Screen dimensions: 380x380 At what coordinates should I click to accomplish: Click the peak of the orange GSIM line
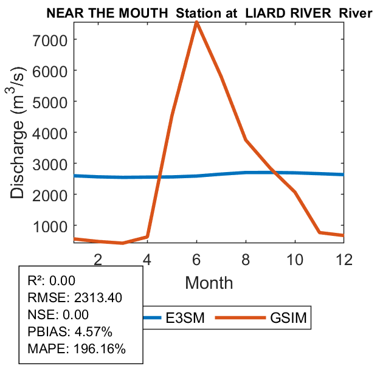[196, 22]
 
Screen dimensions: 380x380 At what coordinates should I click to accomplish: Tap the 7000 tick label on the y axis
[50, 40]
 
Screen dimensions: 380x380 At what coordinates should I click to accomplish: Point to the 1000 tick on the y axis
[50, 226]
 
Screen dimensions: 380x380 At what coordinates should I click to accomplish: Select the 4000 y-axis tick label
[50, 133]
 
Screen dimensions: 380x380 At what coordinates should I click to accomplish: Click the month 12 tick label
[344, 259]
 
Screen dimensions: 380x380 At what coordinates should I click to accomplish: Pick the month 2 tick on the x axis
[98, 259]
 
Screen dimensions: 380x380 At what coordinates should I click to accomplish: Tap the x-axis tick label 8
[246, 259]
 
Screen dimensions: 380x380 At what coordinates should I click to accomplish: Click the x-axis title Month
[209, 283]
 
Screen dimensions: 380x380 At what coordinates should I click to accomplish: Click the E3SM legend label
[185, 317]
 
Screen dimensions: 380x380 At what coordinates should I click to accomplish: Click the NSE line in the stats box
[58, 314]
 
